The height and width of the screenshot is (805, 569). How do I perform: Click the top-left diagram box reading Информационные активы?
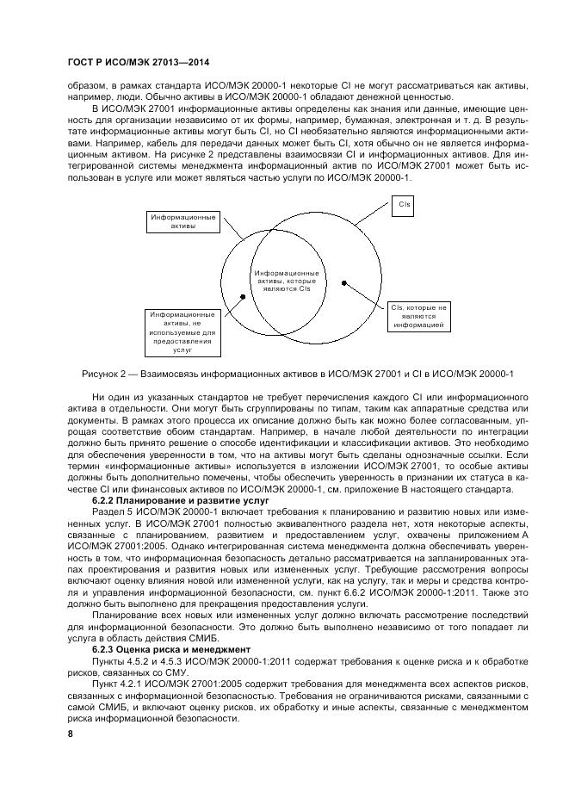point(182,221)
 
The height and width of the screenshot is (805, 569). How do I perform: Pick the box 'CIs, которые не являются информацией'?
point(419,316)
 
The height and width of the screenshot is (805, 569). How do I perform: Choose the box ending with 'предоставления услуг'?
point(182,332)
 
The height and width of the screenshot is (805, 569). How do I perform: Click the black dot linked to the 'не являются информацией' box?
point(344,281)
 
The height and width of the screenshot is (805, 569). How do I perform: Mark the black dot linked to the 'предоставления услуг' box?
point(244,296)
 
